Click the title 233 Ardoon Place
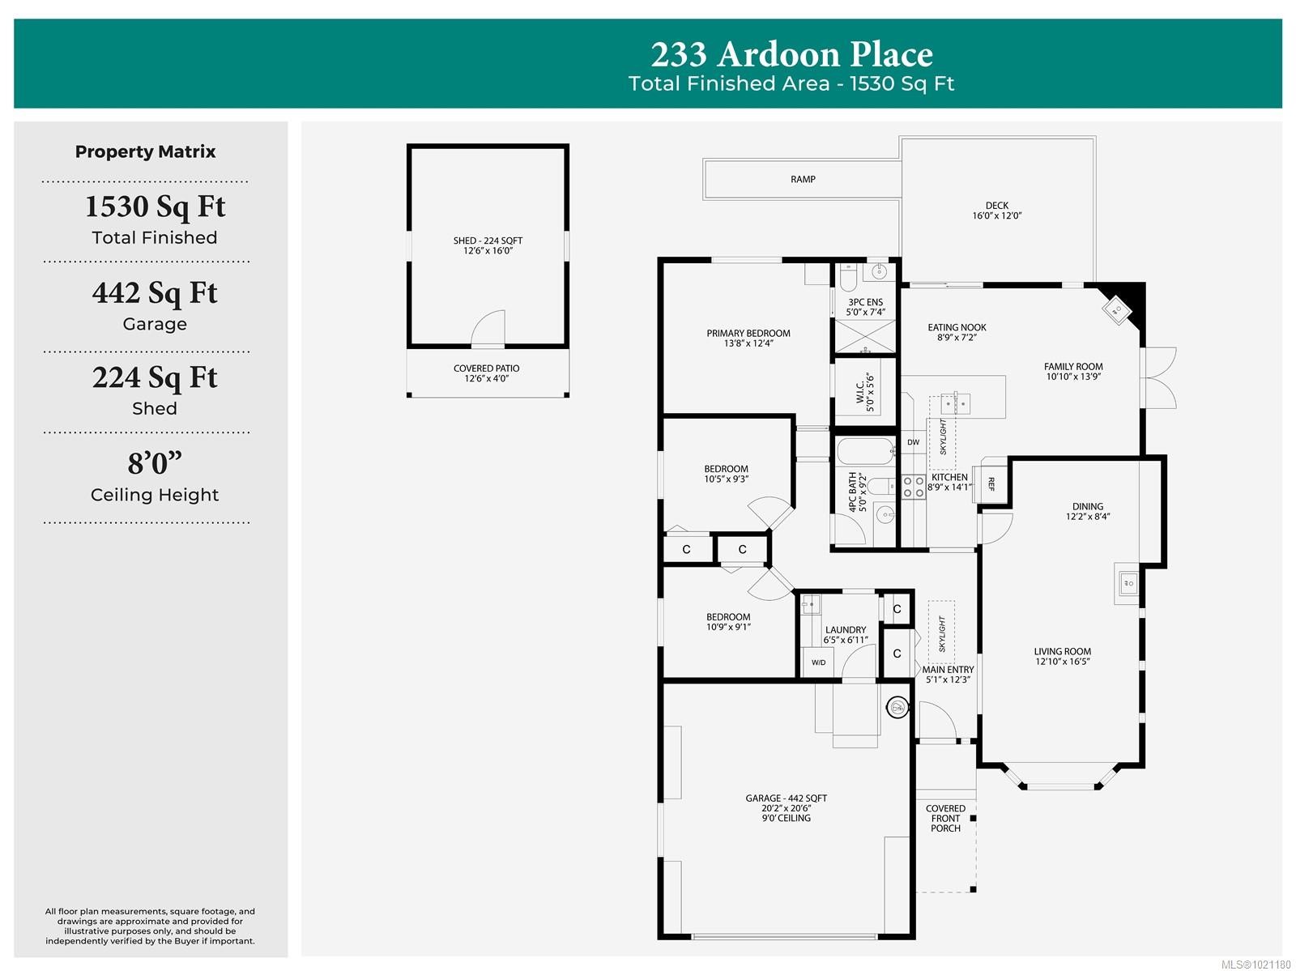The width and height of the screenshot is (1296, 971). (x=791, y=55)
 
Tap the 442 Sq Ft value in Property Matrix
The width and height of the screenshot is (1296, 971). (x=155, y=293)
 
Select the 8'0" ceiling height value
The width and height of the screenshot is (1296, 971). (x=155, y=463)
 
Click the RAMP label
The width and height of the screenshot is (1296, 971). (x=803, y=179)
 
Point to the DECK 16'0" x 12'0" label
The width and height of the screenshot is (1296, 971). (x=997, y=211)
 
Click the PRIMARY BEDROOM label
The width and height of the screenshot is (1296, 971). (x=748, y=338)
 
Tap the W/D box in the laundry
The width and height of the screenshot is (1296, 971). (x=819, y=662)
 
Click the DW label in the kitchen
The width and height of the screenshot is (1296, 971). (x=913, y=442)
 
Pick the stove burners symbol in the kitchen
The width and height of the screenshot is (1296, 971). (x=914, y=487)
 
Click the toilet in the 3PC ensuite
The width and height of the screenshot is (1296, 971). (x=847, y=279)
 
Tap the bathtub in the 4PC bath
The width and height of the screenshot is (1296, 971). (x=865, y=452)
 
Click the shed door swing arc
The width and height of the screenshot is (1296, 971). (x=488, y=328)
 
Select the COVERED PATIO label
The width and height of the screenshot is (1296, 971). (x=487, y=373)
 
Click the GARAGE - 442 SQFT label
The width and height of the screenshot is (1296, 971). (x=786, y=807)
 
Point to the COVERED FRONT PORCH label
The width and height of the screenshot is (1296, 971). (x=945, y=818)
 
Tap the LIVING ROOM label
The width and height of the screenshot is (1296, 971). (x=1062, y=656)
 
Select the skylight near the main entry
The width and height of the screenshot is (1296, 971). (x=941, y=632)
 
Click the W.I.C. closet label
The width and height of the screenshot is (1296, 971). (x=865, y=392)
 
